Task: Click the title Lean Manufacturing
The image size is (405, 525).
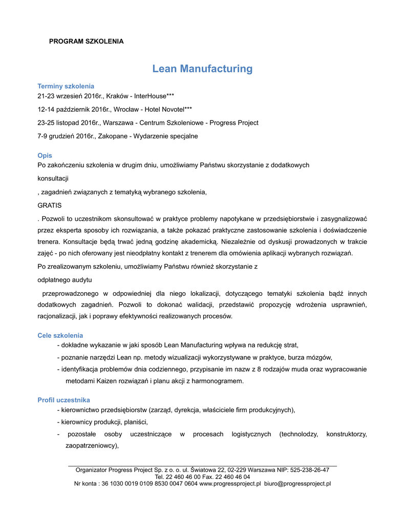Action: click(202, 69)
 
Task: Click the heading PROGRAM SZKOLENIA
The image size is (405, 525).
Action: click(86, 42)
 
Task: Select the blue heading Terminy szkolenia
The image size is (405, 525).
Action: click(66, 86)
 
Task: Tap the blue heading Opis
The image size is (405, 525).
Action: click(45, 155)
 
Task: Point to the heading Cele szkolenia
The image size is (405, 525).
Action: click(60, 335)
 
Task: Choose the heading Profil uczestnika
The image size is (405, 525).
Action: click(64, 400)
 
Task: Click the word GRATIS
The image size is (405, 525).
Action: click(50, 205)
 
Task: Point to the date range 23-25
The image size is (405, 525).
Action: click(46, 123)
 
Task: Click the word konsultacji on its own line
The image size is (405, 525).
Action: click(53, 178)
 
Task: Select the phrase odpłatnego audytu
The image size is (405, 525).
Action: click(65, 280)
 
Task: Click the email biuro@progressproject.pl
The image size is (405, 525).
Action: click(297, 483)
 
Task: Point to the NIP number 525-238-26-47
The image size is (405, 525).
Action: click(310, 470)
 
